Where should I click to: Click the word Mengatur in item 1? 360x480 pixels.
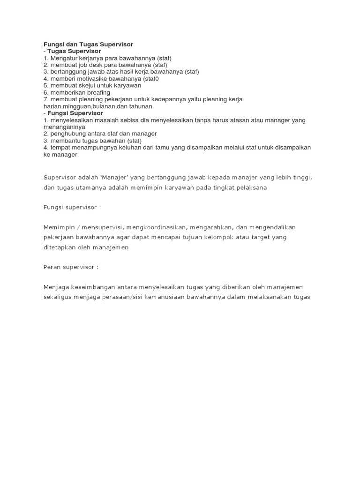(63, 58)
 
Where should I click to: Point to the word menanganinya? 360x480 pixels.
(64, 127)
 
